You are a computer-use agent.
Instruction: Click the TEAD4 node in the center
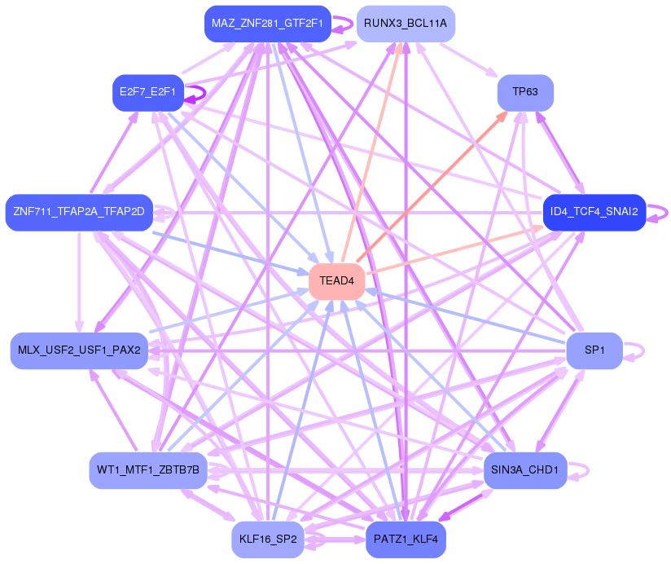[x=336, y=281]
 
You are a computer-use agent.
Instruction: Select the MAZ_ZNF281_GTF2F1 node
[x=268, y=24]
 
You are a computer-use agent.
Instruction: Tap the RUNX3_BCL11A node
[x=406, y=24]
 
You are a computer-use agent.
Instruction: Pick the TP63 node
[x=525, y=92]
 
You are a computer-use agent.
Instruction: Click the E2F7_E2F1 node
[x=147, y=92]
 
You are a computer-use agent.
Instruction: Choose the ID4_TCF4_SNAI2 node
[x=594, y=213]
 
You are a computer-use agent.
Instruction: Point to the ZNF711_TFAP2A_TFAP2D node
[x=79, y=213]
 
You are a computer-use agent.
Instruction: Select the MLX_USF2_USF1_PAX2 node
[x=79, y=350]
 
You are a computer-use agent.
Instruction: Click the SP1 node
[x=594, y=350]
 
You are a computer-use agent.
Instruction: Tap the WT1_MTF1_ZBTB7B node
[x=147, y=470]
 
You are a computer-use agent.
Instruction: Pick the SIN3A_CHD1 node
[x=525, y=470]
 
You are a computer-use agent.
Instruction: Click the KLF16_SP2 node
[x=268, y=539]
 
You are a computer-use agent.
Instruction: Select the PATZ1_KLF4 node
[x=406, y=539]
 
